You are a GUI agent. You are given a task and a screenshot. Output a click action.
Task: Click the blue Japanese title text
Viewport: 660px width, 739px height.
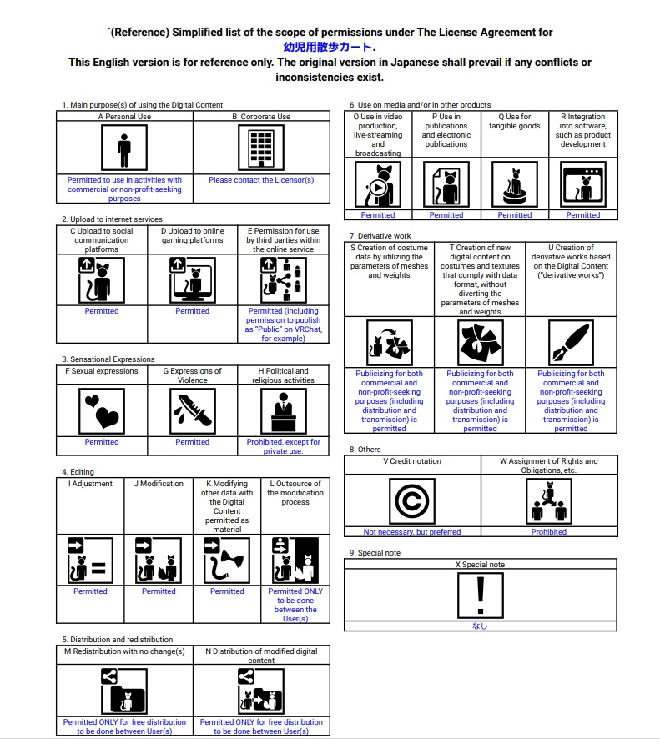pyautogui.click(x=330, y=48)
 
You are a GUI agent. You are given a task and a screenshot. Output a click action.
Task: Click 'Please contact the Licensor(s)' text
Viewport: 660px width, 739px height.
pyautogui.click(x=261, y=180)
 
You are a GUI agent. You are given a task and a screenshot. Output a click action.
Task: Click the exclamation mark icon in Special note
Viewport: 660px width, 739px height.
pyautogui.click(x=480, y=596)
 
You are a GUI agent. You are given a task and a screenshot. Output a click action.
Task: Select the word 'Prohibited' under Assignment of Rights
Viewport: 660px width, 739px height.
pyautogui.click(x=549, y=532)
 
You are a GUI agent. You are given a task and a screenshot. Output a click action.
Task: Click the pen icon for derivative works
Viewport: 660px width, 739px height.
pyautogui.click(x=571, y=343)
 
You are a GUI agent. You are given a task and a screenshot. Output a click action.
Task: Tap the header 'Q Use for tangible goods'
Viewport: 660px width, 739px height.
pyautogui.click(x=514, y=122)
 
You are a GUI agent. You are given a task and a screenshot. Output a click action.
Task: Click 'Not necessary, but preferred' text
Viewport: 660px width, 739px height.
pyautogui.click(x=412, y=532)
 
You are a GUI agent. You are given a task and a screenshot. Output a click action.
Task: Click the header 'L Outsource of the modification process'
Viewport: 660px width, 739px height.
pyautogui.click(x=295, y=492)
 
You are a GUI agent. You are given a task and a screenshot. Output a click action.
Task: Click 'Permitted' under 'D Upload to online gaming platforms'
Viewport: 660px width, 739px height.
pyautogui.click(x=193, y=311)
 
